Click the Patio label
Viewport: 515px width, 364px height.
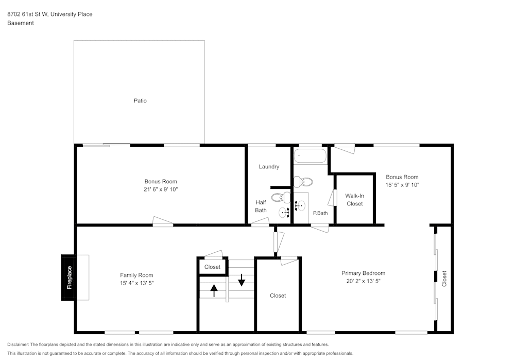pyautogui.click(x=140, y=101)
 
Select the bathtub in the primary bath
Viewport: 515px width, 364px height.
pyautogui.click(x=310, y=155)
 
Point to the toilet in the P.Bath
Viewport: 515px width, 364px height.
pyautogui.click(x=303, y=181)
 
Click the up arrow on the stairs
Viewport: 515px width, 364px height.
pyautogui.click(x=214, y=290)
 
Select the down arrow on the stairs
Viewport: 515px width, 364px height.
pyautogui.click(x=241, y=280)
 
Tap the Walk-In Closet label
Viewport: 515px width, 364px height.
pyautogui.click(x=354, y=200)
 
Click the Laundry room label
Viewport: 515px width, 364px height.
pyautogui.click(x=269, y=167)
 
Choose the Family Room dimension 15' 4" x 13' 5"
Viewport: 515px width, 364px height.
pyautogui.click(x=136, y=283)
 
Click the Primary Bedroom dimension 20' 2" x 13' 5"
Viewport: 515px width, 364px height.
pyautogui.click(x=363, y=281)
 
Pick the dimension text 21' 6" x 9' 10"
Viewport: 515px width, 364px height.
pyautogui.click(x=161, y=189)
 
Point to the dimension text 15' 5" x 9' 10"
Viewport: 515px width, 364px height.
pyautogui.click(x=402, y=185)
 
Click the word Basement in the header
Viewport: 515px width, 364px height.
pyautogui.click(x=21, y=23)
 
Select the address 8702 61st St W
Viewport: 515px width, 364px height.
pyautogui.click(x=27, y=14)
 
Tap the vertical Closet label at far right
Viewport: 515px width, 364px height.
pyautogui.click(x=444, y=279)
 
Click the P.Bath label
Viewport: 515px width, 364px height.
pyautogui.click(x=320, y=213)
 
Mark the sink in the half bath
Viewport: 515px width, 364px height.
pyautogui.click(x=285, y=212)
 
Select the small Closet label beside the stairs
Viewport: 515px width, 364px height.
pyautogui.click(x=212, y=267)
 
